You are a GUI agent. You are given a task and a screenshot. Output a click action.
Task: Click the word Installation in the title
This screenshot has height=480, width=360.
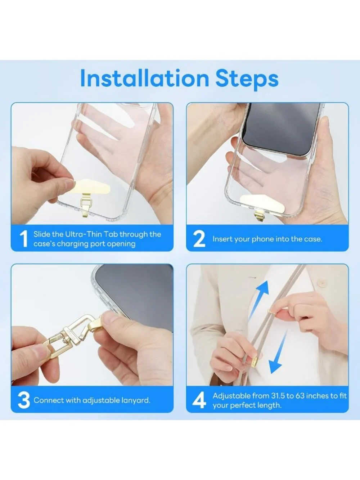point(144,78)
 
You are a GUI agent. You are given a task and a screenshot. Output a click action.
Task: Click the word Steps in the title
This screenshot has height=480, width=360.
point(247,80)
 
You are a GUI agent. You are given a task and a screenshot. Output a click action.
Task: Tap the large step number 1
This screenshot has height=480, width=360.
point(24,239)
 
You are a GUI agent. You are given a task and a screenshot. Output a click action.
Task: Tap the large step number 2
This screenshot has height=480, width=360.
point(199,239)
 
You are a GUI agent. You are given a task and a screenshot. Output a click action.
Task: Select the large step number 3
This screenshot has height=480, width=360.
point(24,400)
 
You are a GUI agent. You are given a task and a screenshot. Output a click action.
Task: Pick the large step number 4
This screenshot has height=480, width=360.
point(199,400)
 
